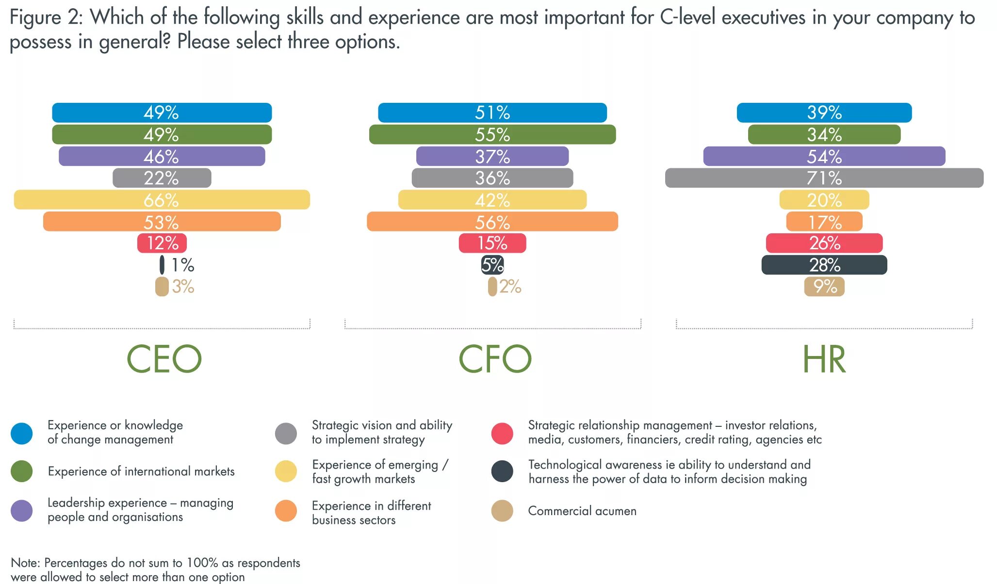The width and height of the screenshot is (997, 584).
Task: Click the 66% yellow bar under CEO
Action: point(162,200)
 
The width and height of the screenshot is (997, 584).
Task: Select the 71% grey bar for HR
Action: point(824,178)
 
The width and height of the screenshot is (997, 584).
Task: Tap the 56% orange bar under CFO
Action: point(492,222)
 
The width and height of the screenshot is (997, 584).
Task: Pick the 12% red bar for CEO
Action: point(162,243)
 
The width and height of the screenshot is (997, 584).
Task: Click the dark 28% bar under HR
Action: point(824,265)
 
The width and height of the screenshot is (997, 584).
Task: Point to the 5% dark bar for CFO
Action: point(492,265)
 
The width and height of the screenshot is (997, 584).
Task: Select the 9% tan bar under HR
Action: point(824,287)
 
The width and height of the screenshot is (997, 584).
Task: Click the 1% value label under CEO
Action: point(183,265)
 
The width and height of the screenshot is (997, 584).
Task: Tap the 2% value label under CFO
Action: point(510,287)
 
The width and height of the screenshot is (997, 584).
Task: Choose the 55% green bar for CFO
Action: point(492,134)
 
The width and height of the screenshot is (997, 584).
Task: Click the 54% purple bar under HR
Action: point(824,156)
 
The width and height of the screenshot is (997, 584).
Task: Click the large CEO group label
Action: point(164,359)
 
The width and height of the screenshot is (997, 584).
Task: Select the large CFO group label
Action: point(495,359)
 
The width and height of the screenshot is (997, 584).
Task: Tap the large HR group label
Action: point(824,359)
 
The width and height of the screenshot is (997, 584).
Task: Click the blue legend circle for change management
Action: point(22,433)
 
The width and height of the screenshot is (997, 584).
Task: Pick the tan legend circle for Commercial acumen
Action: point(502,511)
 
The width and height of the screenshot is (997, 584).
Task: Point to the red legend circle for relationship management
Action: point(502,433)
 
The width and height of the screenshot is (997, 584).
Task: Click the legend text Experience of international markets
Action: point(141,471)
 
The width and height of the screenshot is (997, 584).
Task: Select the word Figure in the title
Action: point(35,18)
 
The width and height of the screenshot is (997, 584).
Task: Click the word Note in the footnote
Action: point(25,563)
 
